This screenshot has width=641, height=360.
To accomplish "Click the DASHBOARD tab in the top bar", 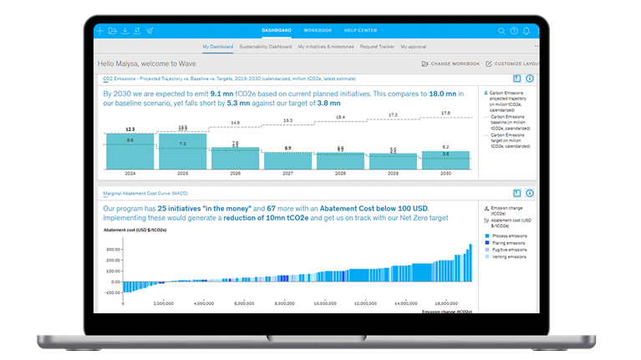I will coord(276,30).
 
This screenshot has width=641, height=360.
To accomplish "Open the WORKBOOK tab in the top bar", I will coord(318,30).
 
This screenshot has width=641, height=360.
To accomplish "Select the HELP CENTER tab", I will coord(361,30).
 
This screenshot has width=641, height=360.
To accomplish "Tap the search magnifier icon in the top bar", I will coord(501,31).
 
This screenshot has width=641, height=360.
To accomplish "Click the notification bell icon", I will coord(527,31).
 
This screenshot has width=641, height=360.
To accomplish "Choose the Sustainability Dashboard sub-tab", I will coord(266,47).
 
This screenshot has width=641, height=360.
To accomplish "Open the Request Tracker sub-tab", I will coord(378,47).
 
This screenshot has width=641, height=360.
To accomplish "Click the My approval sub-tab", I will coord(415,47).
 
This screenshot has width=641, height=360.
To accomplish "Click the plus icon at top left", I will coord(100,31).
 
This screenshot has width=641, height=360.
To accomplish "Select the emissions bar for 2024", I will coord(130,150).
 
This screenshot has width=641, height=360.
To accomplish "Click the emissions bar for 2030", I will coord(446,160).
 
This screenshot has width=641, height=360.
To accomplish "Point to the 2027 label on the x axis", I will coord(288,174).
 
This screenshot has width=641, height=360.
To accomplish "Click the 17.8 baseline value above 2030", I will coord(445,113).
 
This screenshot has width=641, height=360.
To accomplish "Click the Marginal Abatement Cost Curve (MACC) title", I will coord(145,193).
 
